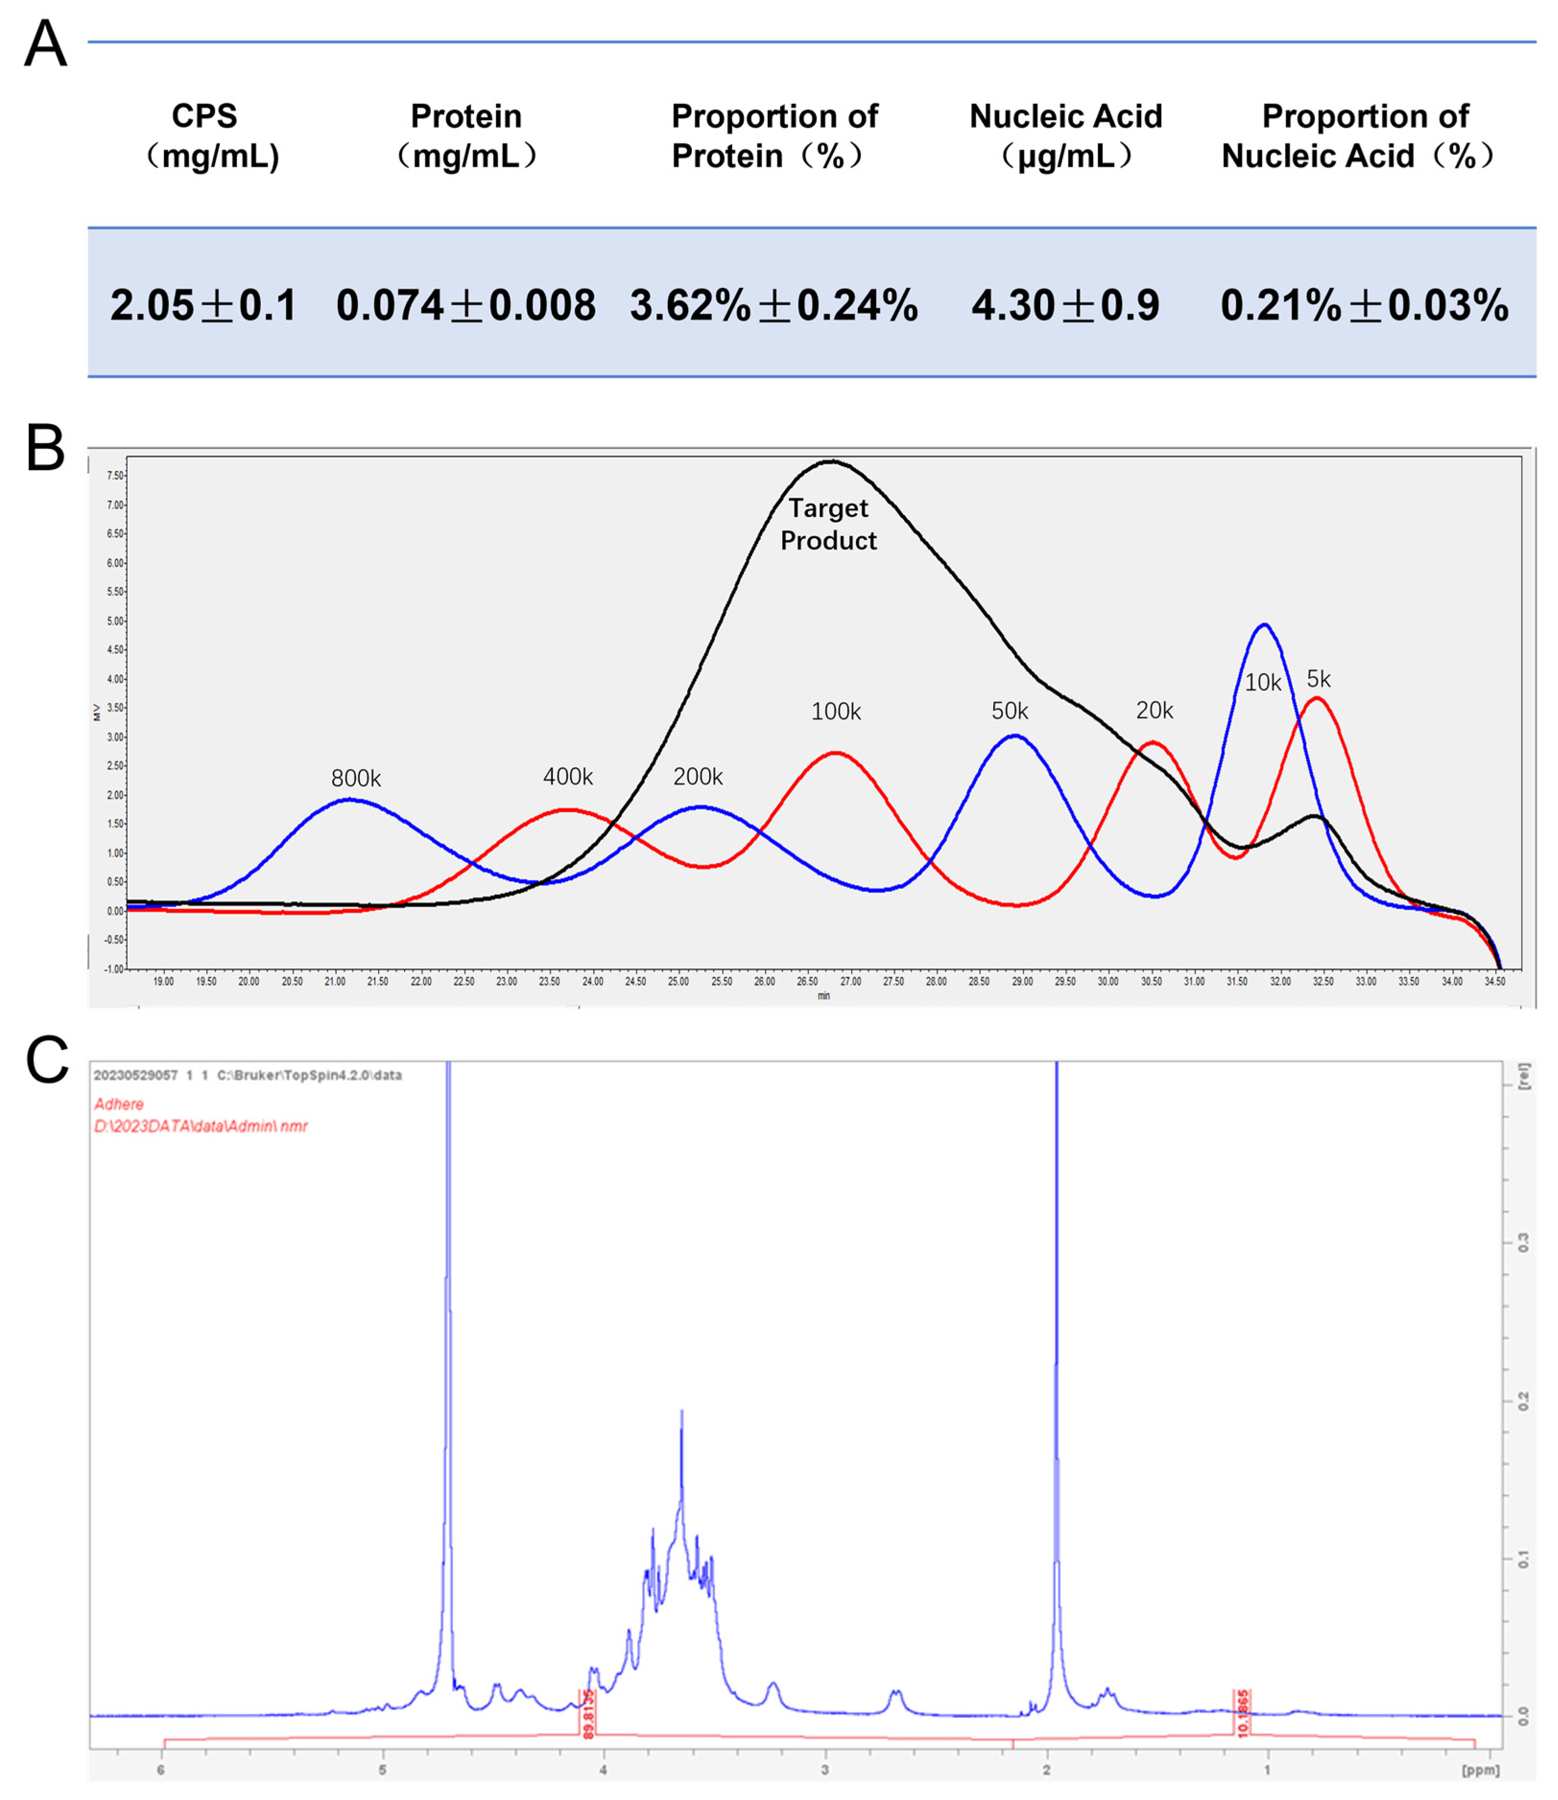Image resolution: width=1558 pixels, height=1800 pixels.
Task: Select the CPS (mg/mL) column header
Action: (x=204, y=136)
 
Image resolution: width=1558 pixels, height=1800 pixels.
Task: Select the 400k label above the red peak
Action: (x=568, y=776)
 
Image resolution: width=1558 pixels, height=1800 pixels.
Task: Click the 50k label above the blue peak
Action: (x=1010, y=711)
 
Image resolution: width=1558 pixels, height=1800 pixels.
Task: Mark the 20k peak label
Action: (x=1154, y=711)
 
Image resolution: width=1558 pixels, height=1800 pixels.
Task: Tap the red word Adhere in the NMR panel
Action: (x=119, y=1104)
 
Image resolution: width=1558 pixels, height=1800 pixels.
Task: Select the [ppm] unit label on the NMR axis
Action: (x=1480, y=1770)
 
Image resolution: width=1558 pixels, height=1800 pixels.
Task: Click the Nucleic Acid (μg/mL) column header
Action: (x=1065, y=136)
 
